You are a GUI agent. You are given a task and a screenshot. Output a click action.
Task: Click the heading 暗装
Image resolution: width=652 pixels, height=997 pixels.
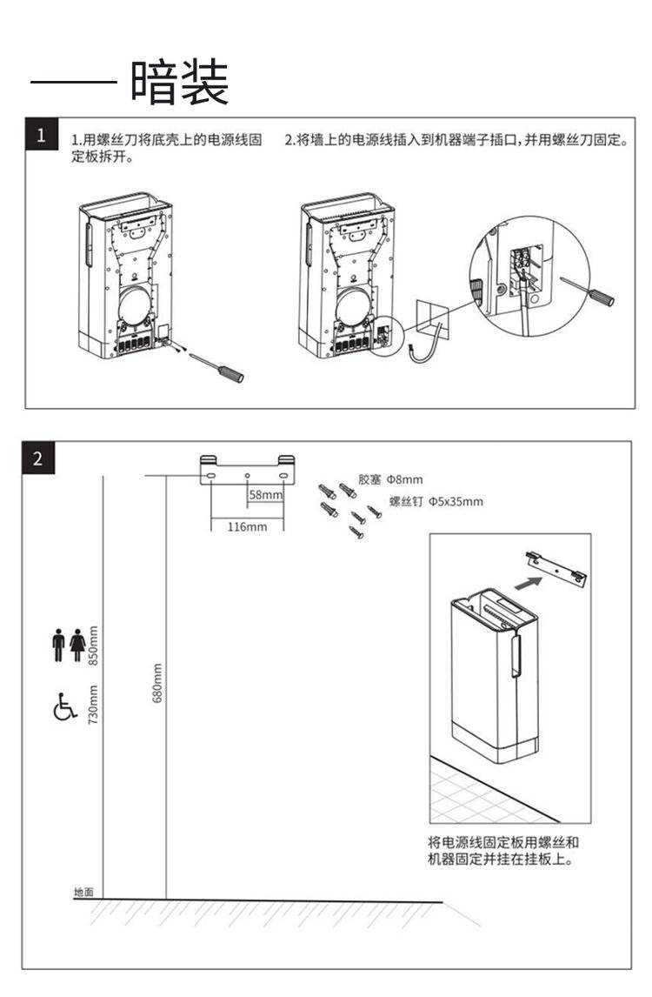pos(180,84)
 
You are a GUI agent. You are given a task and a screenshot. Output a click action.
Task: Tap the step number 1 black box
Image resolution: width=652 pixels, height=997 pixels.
pos(41,137)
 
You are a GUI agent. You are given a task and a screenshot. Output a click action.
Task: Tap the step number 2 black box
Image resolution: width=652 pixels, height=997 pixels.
pos(38,458)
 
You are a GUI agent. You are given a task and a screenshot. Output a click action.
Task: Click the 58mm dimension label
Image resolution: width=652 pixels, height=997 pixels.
pos(266,495)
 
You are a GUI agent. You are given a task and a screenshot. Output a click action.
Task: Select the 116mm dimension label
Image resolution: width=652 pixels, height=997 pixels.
pos(247,526)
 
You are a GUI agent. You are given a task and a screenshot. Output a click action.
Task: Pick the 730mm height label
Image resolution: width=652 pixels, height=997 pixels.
pos(94,705)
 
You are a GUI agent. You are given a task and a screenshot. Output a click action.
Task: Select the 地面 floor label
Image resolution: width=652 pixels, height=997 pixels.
pos(83,893)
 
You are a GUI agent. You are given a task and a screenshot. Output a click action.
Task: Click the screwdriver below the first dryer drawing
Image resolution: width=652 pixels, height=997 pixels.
pos(221,368)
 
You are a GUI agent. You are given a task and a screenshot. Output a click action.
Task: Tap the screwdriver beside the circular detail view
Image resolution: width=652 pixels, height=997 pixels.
pos(590,291)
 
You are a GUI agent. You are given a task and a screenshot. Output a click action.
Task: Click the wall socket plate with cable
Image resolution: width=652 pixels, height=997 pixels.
pos(433,321)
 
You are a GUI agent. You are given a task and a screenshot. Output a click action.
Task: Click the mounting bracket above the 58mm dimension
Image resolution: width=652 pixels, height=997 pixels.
pos(248,470)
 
